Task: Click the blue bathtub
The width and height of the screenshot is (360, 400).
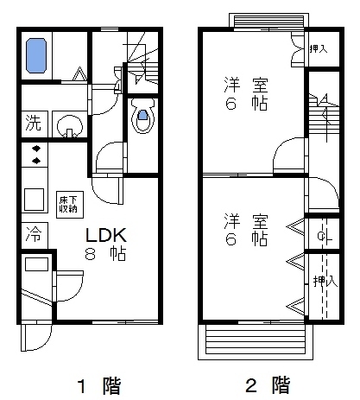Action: click(37, 56)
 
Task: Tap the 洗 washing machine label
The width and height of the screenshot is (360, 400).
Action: click(32, 121)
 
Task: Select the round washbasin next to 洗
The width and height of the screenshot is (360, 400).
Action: click(67, 126)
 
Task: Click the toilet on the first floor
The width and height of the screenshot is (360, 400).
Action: click(142, 114)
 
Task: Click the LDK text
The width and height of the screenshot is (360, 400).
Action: click(105, 234)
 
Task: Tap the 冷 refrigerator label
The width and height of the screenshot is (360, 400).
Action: click(32, 234)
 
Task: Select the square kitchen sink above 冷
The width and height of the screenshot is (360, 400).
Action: click(35, 199)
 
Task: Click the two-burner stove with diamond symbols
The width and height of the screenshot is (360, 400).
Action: click(35, 155)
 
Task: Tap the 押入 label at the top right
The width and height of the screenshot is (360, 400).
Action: click(318, 49)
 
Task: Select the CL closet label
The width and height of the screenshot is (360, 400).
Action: click(320, 235)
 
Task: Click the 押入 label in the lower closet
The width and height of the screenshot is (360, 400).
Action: click(320, 281)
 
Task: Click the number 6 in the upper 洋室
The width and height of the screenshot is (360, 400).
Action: click(231, 106)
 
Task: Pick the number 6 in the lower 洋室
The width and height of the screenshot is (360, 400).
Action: click(231, 238)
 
